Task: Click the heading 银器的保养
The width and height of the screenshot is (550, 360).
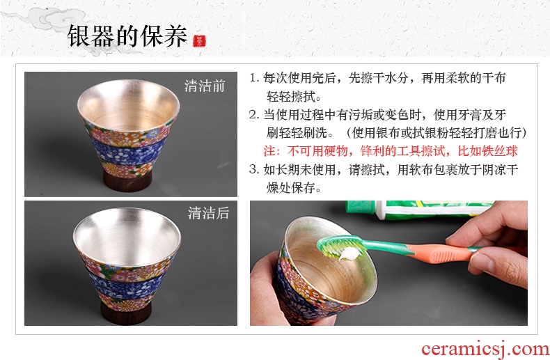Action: tap(127, 36)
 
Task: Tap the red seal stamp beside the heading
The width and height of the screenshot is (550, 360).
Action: tap(199, 41)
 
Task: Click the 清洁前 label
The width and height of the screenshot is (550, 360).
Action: tap(205, 86)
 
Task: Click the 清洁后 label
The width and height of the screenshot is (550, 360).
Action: tap(208, 213)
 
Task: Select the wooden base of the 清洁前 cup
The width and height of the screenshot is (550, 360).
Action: tap(127, 181)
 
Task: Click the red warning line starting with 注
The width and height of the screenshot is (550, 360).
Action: tap(391, 151)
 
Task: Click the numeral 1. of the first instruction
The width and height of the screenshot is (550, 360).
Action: tap(254, 77)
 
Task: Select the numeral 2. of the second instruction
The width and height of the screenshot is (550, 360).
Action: tap(254, 114)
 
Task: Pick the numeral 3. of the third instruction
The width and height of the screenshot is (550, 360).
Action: tap(254, 169)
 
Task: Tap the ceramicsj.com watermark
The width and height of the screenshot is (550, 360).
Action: tap(485, 349)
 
